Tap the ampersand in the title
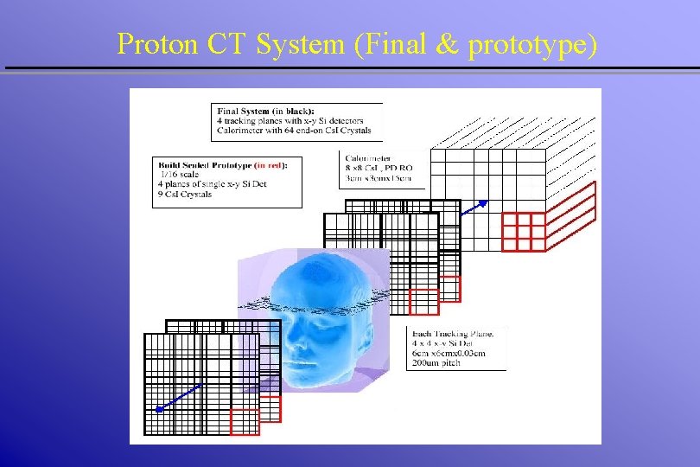447,43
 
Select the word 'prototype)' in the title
531,45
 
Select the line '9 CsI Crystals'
185,195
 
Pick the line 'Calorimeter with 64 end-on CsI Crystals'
294,131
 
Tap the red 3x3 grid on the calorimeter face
524,231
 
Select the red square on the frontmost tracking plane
245,421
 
